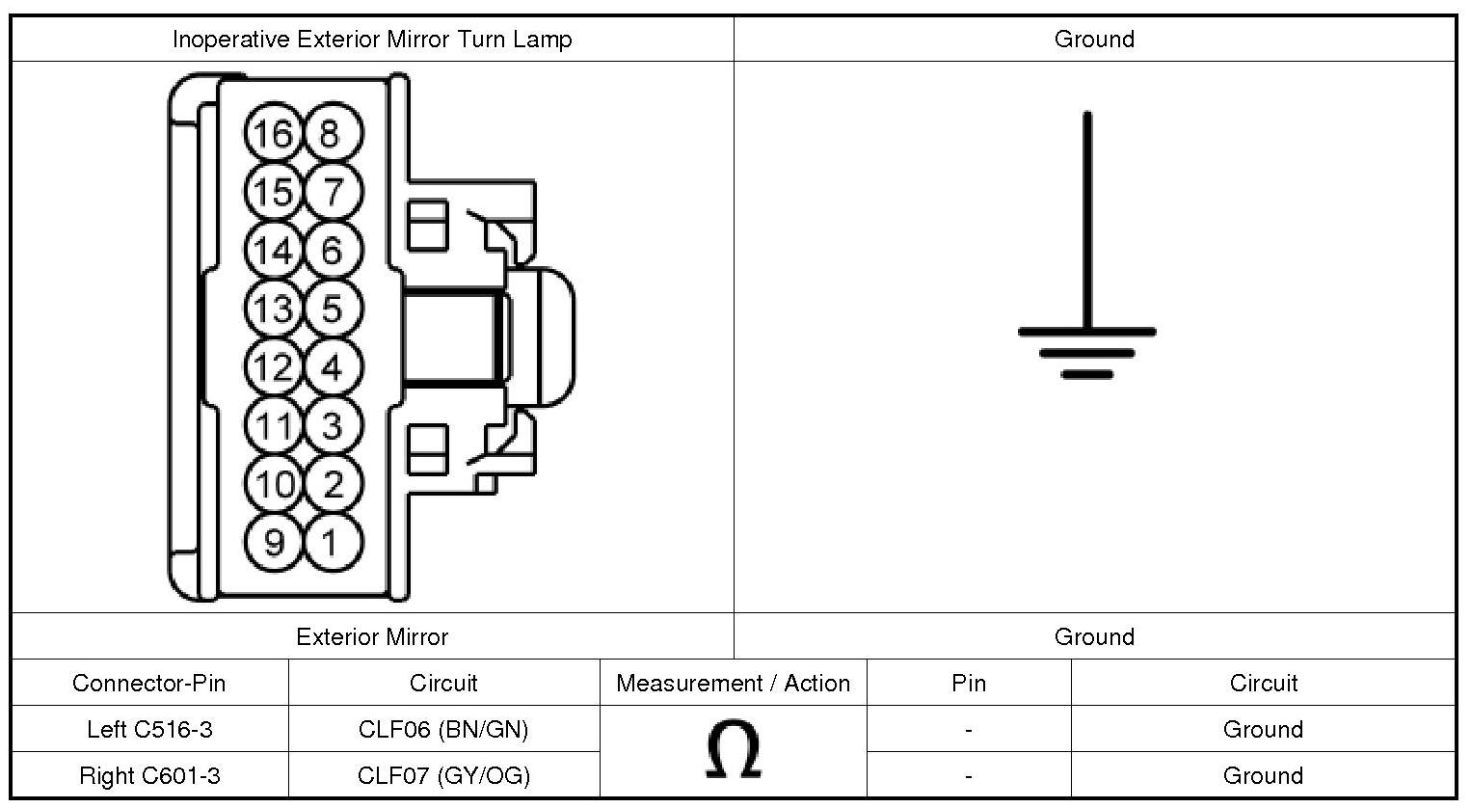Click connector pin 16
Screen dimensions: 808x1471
click(x=274, y=133)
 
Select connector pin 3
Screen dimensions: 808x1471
click(x=333, y=425)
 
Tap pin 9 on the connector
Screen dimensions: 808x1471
click(x=274, y=542)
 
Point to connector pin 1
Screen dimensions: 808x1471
click(x=333, y=542)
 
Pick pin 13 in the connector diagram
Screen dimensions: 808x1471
click(x=274, y=309)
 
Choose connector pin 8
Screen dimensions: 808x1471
click(x=333, y=133)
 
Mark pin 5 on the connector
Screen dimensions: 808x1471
click(x=333, y=309)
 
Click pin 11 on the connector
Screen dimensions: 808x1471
click(x=274, y=425)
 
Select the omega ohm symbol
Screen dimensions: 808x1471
click(x=733, y=751)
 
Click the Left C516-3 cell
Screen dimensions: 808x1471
click(x=149, y=729)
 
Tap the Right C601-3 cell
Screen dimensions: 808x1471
click(x=149, y=775)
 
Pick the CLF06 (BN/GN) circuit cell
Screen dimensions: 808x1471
click(x=443, y=729)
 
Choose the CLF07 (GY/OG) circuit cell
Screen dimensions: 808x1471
click(x=443, y=775)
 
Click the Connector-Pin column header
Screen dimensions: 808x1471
click(x=149, y=683)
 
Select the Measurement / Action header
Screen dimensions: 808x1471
click(x=733, y=683)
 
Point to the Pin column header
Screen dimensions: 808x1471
click(x=969, y=683)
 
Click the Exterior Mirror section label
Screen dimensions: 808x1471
click(x=372, y=636)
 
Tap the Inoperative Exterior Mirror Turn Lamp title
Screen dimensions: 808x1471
click(x=372, y=39)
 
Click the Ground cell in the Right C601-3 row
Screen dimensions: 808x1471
click(x=1263, y=775)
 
